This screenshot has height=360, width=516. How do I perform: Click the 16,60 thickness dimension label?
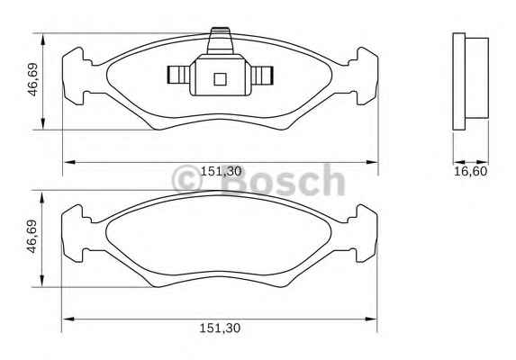click(470, 171)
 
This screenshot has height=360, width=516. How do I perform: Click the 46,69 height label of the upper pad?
click(33, 79)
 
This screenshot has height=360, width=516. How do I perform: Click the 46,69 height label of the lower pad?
click(32, 237)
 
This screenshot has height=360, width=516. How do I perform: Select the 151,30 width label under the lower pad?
click(220, 328)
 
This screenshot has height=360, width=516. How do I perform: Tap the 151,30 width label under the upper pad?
click(221, 171)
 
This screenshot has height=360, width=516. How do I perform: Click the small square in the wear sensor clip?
click(220, 79)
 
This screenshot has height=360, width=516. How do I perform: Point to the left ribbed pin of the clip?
click(178, 75)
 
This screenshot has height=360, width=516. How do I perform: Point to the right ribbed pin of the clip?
click(262, 75)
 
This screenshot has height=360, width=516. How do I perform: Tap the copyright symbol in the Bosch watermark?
click(187, 179)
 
